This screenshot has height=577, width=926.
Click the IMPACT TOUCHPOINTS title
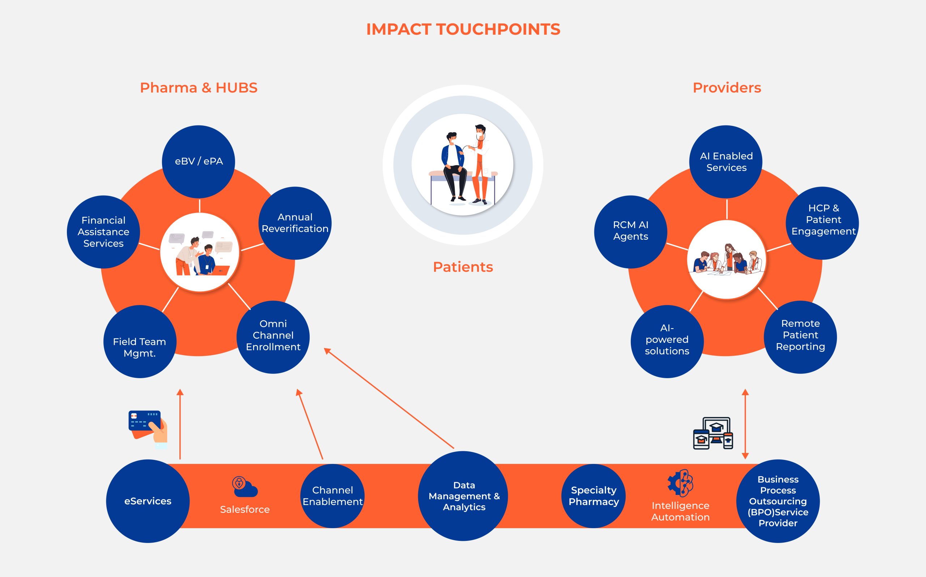pos(463,29)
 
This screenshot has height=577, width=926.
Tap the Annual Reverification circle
pos(295,223)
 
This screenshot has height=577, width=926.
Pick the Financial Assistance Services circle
pos(103,232)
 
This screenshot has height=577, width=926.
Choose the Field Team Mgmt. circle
pos(140,342)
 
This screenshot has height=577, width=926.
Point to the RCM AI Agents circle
pos(630,232)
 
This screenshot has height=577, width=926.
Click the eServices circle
pos(148,501)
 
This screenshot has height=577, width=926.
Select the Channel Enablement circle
pos(332,496)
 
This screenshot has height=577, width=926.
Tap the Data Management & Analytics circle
pos(463,496)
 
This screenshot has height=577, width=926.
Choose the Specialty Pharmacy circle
pos(594,496)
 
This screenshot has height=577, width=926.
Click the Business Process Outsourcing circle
pos(778,501)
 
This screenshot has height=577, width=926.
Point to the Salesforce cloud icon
pos(245,487)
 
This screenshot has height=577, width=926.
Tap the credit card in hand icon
pos(147,428)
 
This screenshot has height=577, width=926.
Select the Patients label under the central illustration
pos(463,267)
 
